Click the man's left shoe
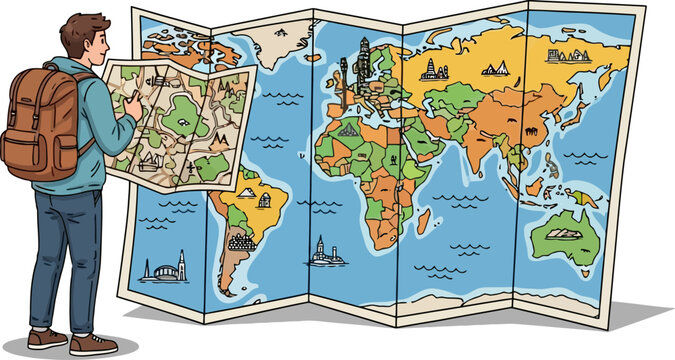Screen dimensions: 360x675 tap(48, 339)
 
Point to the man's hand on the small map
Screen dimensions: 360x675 tap(130, 101)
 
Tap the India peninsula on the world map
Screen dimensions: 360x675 tap(500, 150)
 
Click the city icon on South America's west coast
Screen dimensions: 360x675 tap(241, 241)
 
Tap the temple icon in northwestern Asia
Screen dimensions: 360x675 tap(433, 69)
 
